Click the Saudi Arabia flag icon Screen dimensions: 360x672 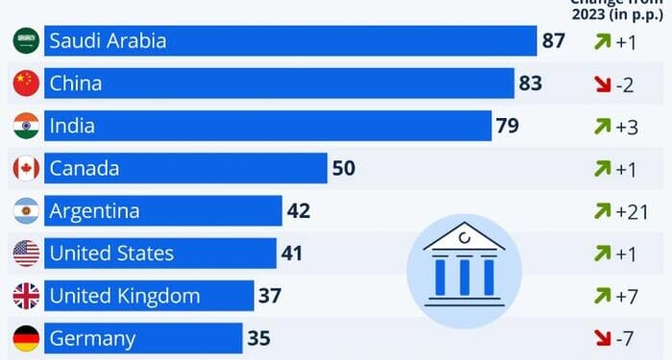click(26, 41)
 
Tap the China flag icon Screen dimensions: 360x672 click(26, 84)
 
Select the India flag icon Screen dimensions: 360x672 click(26, 126)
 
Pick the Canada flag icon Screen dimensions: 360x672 click(26, 168)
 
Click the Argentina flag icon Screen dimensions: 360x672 click(26, 210)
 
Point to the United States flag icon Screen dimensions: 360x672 click(26, 253)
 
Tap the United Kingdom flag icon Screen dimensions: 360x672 click(26, 296)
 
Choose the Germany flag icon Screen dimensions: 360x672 click(26, 338)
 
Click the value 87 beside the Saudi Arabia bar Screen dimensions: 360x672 click(554, 41)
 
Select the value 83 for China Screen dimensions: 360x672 click(531, 84)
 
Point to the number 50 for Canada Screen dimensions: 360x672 click(344, 168)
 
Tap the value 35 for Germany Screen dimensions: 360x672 click(259, 338)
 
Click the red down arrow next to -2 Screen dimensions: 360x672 click(600, 84)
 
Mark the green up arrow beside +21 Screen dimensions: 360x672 click(600, 211)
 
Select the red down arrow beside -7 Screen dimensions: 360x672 click(600, 338)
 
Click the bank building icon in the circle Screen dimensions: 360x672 click(463, 262)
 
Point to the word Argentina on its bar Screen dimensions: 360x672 click(94, 211)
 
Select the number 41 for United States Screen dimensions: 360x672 click(293, 253)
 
